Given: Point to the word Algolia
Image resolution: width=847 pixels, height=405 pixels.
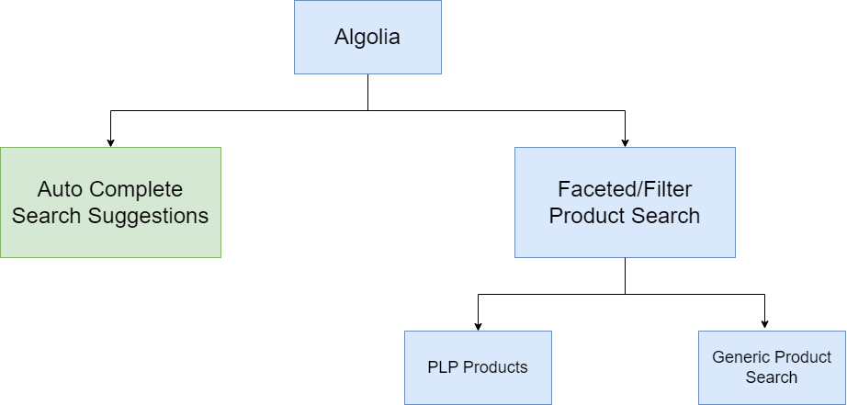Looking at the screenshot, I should click(x=367, y=38).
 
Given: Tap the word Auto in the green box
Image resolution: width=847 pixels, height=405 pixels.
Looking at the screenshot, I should click(x=59, y=190).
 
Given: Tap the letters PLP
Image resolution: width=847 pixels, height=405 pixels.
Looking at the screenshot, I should click(x=443, y=367).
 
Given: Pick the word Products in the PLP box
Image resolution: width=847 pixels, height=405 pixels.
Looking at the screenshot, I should click(x=495, y=367).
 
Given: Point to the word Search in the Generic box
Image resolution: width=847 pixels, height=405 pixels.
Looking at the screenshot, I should click(x=772, y=377).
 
